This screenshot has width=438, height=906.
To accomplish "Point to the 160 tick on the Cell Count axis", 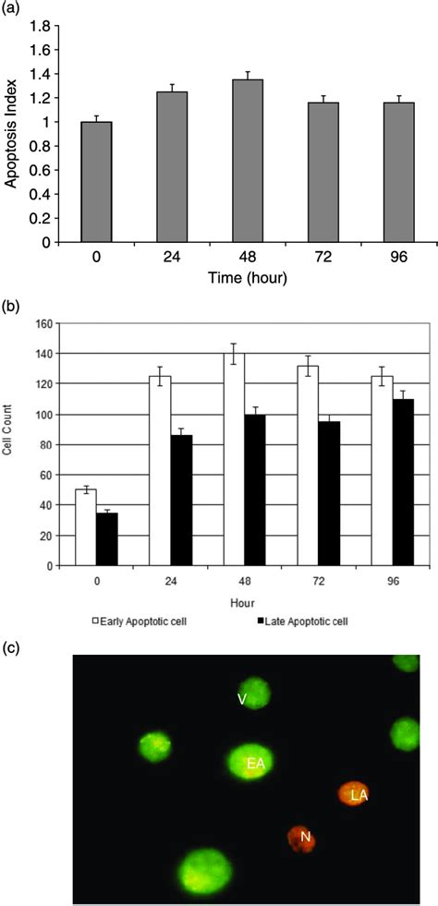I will (x=43, y=324).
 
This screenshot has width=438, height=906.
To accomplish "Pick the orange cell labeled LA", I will (x=357, y=793).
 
